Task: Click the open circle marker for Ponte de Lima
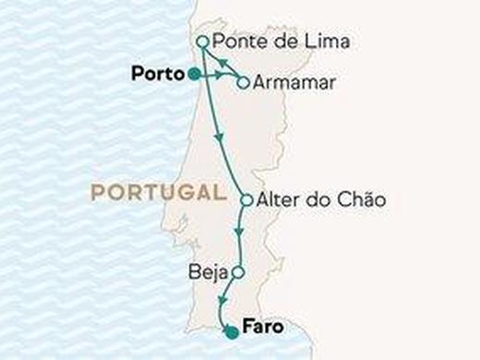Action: click(202, 42)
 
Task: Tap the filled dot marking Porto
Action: click(193, 73)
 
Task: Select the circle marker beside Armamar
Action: click(242, 82)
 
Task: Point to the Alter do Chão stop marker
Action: click(246, 199)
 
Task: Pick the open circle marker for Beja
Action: click(237, 272)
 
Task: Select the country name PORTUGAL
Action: click(159, 193)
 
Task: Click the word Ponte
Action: click(235, 42)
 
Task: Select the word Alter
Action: click(278, 199)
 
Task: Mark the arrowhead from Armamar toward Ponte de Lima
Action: click(221, 61)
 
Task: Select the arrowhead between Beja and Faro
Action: click(222, 302)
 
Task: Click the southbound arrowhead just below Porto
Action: click(218, 138)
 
